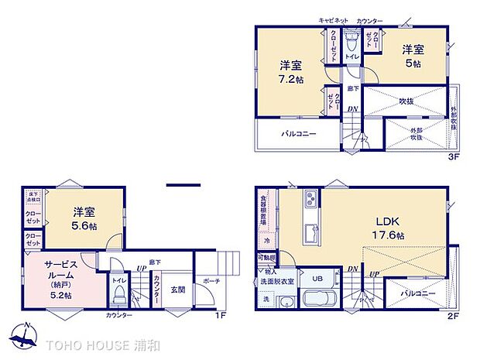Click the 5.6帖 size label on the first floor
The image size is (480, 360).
click(84, 225)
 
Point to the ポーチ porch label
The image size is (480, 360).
click(211, 281)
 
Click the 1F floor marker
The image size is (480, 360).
click(220, 316)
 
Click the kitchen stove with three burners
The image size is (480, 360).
click(310, 200)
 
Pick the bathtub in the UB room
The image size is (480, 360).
click(314, 300)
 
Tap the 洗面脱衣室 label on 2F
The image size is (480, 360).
click(276, 281)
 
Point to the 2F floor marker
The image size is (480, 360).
click(454, 316)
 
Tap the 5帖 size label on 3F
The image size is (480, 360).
click(410, 64)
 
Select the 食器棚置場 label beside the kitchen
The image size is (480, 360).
click(263, 208)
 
